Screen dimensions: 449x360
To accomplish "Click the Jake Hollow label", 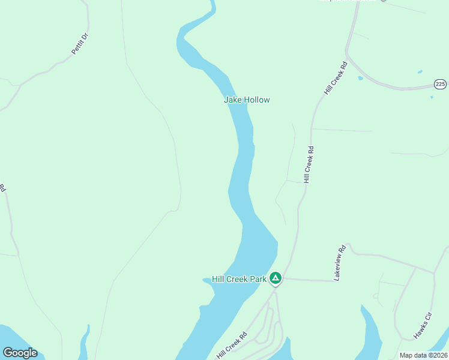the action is (247, 100).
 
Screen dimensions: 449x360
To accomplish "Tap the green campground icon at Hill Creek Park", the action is (275, 278).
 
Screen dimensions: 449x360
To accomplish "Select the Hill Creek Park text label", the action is (239, 279).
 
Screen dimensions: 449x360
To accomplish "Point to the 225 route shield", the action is (441, 84).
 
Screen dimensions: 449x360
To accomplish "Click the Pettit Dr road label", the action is (80, 44).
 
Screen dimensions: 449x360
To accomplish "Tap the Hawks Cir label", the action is (423, 325).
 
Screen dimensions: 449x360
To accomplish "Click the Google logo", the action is (20, 353).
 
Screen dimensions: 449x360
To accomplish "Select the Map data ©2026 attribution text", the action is (423, 355).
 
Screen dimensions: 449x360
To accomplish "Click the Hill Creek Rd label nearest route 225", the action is (336, 78).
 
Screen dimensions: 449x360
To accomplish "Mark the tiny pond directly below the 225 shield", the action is (432, 97).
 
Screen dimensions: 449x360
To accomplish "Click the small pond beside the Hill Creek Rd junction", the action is (360, 78).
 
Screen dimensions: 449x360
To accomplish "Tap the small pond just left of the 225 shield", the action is (420, 73).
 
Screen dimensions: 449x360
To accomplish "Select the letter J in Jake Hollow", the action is (226, 100).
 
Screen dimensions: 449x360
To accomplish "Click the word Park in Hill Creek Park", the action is (258, 279).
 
